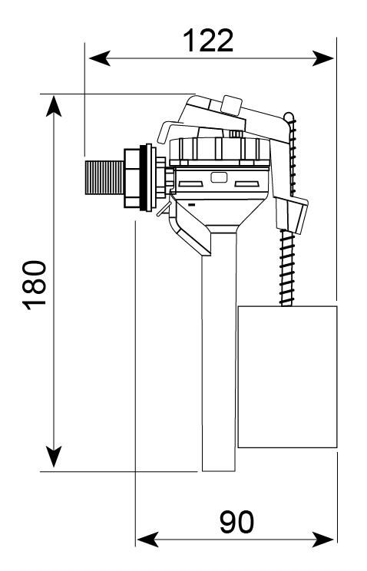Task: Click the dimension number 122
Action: click(x=209, y=41)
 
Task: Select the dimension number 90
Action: click(x=237, y=522)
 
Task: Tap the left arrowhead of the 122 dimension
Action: click(x=100, y=58)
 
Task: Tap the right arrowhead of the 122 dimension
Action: click(x=323, y=58)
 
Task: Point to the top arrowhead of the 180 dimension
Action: click(x=54, y=106)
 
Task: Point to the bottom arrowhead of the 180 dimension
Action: click(x=54, y=457)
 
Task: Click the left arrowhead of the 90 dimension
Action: click(x=147, y=540)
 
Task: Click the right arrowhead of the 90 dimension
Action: click(x=323, y=540)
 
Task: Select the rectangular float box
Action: click(x=287, y=377)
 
